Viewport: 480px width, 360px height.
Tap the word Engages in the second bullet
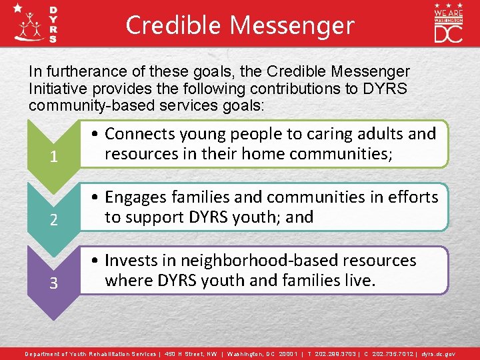pos(136,197)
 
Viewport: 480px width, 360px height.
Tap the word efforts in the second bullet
pos(415,197)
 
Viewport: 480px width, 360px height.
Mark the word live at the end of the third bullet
pos(358,280)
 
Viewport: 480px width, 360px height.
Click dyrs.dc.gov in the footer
pos(439,353)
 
